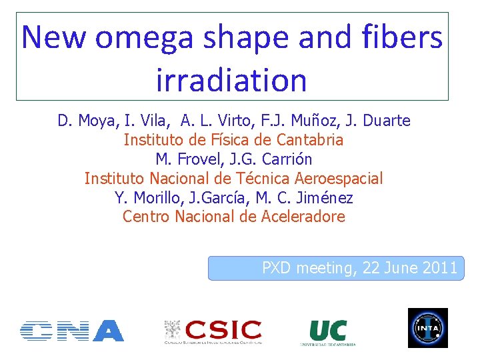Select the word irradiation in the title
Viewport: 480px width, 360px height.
(x=231, y=81)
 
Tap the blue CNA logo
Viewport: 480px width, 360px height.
(x=72, y=331)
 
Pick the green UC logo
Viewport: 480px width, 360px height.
(x=327, y=331)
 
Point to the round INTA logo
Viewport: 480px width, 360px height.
(x=427, y=328)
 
